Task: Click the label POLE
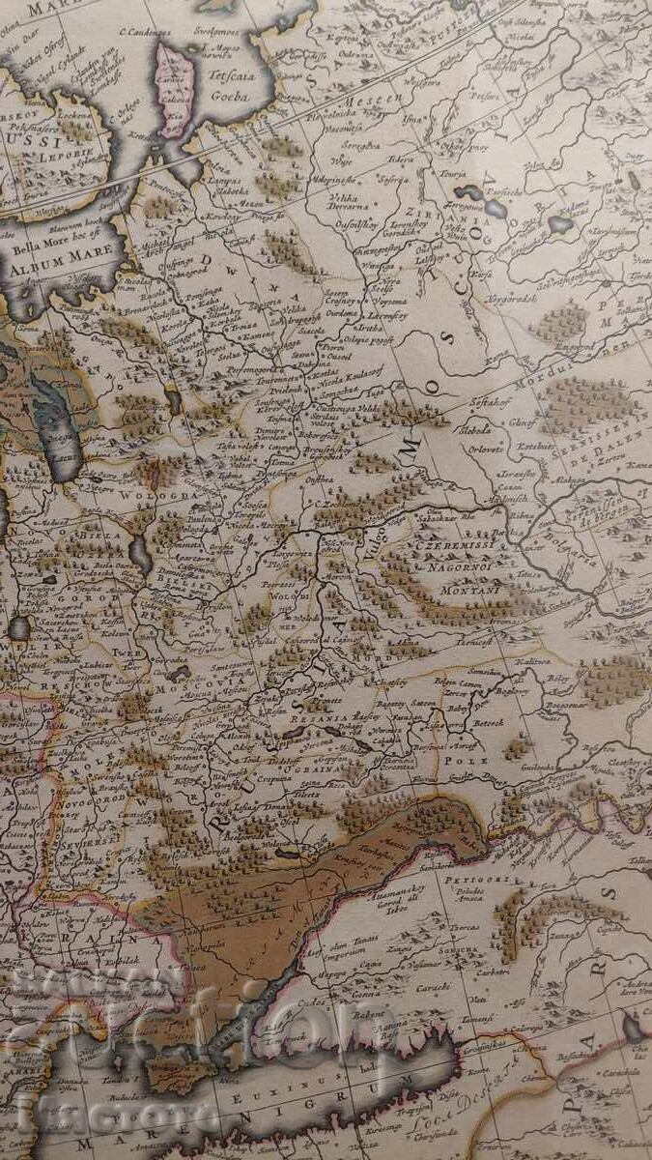(x=466, y=761)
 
